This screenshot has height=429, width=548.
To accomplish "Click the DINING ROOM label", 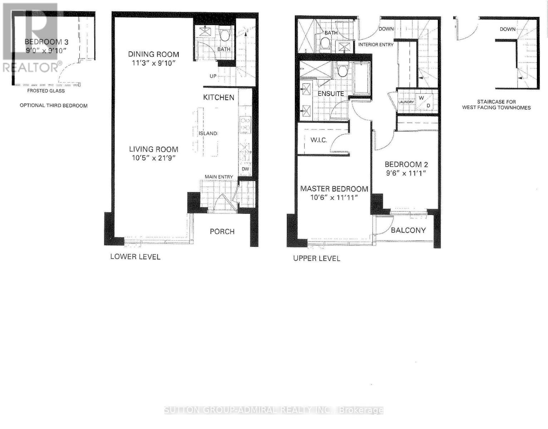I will [x=154, y=54].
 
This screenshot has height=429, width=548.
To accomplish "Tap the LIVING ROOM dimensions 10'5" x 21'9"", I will [x=154, y=158].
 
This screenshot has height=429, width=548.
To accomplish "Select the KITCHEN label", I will [x=219, y=97].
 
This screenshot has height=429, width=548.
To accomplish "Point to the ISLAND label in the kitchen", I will [x=208, y=133].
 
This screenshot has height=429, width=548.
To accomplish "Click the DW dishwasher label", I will [x=246, y=169].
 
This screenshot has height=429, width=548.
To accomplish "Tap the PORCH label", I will [x=222, y=231].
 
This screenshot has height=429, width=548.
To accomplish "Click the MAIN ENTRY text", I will [x=219, y=177].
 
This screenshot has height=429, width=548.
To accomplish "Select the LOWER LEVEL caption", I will [x=135, y=257].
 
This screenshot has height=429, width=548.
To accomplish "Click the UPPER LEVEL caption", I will [x=316, y=258].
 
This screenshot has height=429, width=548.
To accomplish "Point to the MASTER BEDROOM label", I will [x=334, y=189].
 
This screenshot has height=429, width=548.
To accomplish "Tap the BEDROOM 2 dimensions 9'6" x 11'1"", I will [x=406, y=173].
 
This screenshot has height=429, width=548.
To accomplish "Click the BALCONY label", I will [x=408, y=230].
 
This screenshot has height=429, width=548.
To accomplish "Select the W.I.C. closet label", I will [x=319, y=140].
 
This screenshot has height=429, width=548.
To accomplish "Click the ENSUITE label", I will [x=331, y=94].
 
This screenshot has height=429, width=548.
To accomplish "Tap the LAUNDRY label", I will [x=406, y=102].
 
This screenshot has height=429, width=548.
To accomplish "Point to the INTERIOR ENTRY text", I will [x=376, y=45].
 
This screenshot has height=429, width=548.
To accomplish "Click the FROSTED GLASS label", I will [x=46, y=91].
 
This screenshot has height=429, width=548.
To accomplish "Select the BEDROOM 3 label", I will [x=46, y=42].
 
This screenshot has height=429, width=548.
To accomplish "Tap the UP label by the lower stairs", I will [x=213, y=76].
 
